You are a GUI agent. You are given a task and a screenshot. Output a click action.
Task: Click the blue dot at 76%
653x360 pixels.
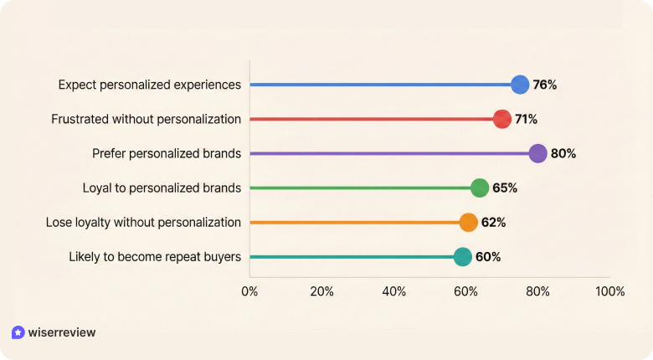[520, 85]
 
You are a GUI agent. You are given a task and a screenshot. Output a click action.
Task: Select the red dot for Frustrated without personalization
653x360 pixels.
[502, 119]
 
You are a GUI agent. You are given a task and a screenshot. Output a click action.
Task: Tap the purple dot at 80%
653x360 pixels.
[537, 153]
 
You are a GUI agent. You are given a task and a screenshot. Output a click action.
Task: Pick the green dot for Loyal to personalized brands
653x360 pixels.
[480, 188]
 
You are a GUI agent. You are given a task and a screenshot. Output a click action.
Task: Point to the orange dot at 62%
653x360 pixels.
[468, 222]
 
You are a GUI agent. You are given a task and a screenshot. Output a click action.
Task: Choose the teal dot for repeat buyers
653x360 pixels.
[463, 256]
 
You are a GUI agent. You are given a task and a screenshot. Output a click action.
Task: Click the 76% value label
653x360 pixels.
[544, 85]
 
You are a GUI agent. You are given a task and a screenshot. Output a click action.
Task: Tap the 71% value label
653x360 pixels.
[526, 119]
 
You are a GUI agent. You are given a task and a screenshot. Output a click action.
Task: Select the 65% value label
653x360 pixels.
[505, 188]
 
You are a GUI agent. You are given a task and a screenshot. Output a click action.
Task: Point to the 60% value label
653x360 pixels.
[488, 256]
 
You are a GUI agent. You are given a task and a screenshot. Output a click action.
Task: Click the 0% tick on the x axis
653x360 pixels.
[249, 291]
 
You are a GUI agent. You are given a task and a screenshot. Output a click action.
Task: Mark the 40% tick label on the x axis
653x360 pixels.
[394, 291]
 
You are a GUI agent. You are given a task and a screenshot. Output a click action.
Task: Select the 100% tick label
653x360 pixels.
[609, 291]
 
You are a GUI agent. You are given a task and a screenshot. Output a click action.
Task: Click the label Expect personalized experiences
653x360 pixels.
[150, 85]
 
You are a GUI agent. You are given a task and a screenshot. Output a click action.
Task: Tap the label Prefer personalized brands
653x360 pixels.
[167, 153]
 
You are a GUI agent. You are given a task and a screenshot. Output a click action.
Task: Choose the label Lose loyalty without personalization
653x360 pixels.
[143, 222]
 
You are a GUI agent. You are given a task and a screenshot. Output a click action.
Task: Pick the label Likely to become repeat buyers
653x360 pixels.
[155, 256]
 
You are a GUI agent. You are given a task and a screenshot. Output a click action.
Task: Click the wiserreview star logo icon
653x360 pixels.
[18, 332]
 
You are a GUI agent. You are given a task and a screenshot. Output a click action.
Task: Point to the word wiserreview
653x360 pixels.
[62, 332]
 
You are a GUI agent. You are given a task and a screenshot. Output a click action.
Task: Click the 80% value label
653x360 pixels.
[563, 153]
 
